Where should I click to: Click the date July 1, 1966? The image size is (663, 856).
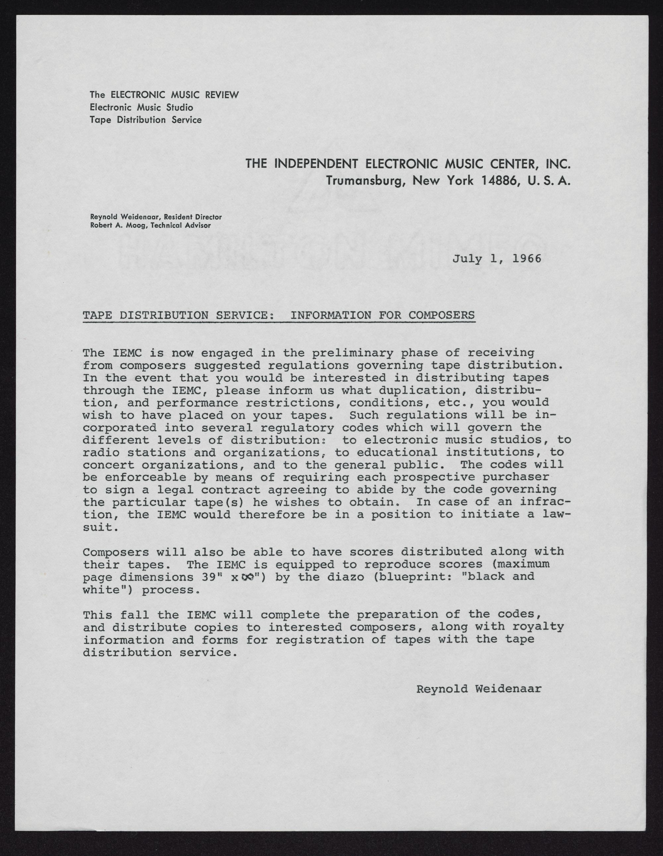tap(497, 259)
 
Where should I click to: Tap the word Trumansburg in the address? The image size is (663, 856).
tap(362, 181)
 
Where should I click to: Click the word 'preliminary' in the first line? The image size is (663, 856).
tap(353, 353)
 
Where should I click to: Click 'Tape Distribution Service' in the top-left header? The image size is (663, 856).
tap(146, 120)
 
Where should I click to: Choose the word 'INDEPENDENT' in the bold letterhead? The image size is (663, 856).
tap(317, 163)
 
